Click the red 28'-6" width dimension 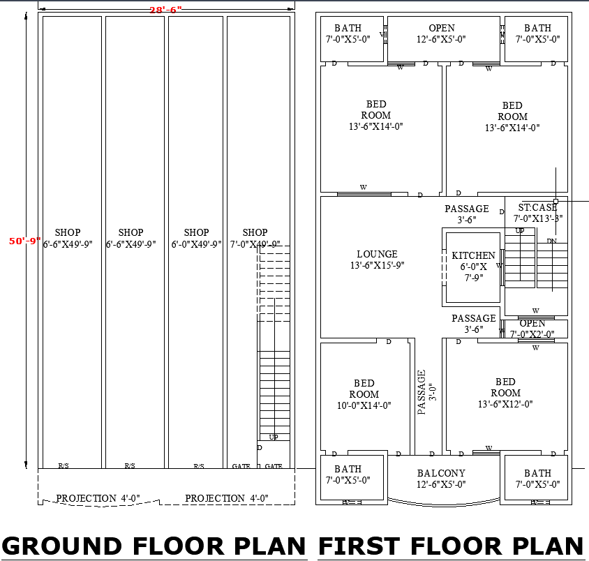click(165, 10)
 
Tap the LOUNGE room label click(377, 260)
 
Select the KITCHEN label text click(473, 256)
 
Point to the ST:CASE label click(537, 207)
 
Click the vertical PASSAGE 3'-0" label click(426, 392)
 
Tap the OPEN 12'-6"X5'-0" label click(442, 33)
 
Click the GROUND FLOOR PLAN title click(154, 546)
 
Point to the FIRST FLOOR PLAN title click(452, 546)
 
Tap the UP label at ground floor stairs click(274, 437)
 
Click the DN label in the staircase click(551, 241)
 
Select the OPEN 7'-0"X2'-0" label click(532, 329)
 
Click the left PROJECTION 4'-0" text click(98, 498)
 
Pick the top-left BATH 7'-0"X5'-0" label click(348, 33)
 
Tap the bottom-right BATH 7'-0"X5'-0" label click(537, 479)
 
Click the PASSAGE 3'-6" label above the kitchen click(467, 214)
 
